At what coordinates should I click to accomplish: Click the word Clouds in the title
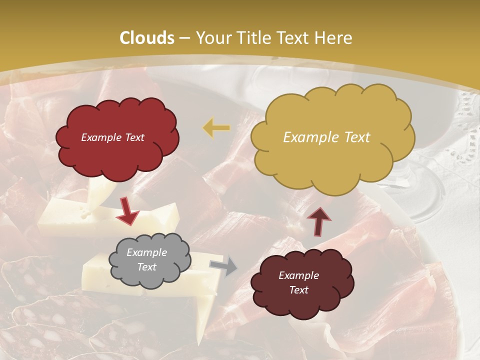[x=147, y=38]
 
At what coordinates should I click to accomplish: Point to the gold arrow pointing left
[x=216, y=128]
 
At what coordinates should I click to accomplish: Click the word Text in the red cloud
[x=134, y=137]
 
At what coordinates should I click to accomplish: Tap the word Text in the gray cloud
[x=147, y=267]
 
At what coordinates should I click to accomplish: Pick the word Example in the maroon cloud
[x=298, y=275]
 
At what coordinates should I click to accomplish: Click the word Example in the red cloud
[x=100, y=137]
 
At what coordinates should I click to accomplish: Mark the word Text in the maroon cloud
[x=298, y=290]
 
